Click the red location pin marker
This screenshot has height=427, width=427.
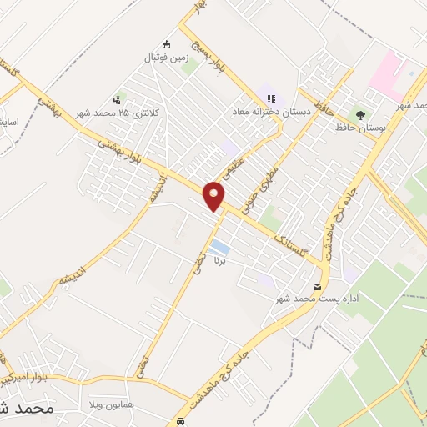214,195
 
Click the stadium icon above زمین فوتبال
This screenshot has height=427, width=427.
166,44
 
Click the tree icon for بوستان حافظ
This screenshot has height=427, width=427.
360,114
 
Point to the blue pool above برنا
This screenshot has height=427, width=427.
219,247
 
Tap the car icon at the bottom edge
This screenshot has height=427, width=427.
182,421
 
